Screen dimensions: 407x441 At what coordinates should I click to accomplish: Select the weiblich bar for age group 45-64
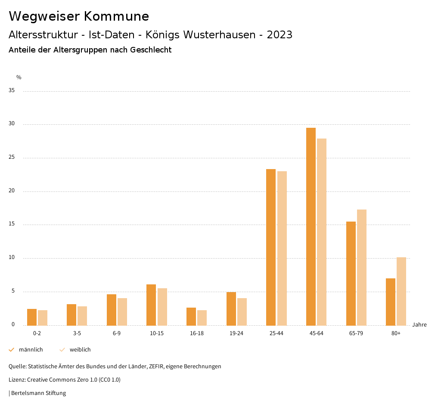[x=322, y=232]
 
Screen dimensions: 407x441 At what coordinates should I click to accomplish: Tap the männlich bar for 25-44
[x=271, y=247]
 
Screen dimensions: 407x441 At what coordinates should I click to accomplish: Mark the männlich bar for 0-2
[x=32, y=317]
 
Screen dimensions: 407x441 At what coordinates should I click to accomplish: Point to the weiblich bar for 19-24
[x=242, y=311]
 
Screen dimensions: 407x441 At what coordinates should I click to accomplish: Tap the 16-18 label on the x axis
[x=196, y=333]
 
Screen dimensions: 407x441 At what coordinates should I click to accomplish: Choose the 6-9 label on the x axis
[x=117, y=333]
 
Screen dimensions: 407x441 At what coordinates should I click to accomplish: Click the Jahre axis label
[x=419, y=325]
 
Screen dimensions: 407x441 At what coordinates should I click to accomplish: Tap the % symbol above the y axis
[x=19, y=77]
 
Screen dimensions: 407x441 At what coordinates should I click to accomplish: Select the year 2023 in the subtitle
[x=280, y=35]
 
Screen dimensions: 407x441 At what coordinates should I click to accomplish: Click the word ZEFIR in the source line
[x=155, y=367]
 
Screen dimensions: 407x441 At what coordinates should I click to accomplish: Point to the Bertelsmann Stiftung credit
[x=38, y=393]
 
